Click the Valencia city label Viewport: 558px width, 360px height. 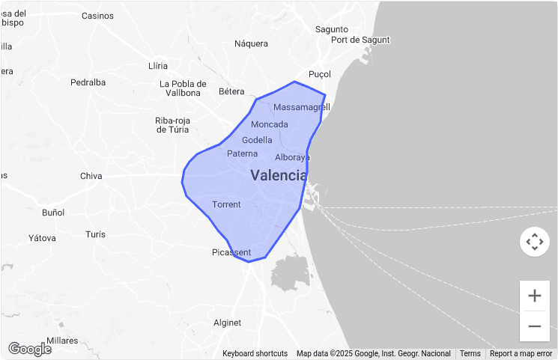279,176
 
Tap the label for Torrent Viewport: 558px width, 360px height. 226,204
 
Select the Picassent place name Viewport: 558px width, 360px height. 231,252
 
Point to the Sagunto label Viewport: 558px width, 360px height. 332,29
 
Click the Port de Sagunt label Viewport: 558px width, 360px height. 361,40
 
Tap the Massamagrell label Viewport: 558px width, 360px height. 301,107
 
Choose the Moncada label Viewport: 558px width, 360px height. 270,124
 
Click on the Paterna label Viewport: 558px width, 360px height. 242,153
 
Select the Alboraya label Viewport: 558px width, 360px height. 292,157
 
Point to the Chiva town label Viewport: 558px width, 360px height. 91,177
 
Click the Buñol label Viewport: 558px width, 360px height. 53,213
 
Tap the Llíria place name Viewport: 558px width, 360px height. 158,66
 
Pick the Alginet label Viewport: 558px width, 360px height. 228,323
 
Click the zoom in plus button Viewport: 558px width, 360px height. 534,296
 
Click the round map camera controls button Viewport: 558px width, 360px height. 534,242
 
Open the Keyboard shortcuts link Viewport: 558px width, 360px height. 255,353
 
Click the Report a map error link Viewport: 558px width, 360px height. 521,353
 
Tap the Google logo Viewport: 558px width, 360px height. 30,349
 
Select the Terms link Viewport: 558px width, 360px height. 470,353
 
